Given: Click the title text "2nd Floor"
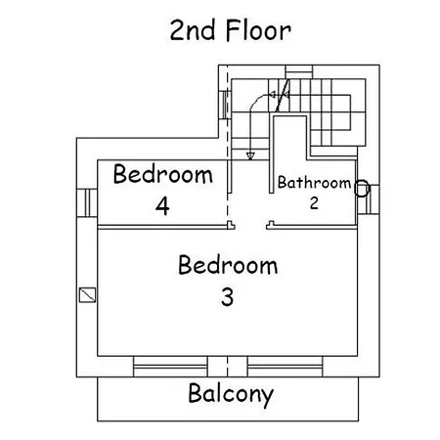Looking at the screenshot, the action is (230, 30).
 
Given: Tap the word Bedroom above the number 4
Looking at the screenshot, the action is (163, 174).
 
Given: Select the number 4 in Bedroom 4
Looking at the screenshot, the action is (162, 206).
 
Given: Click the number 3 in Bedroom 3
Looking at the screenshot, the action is (228, 297).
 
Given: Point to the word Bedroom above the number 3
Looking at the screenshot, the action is (228, 265).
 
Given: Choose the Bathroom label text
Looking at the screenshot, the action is (314, 182).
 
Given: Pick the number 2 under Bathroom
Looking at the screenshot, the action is (314, 203).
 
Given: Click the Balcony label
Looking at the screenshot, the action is (231, 395).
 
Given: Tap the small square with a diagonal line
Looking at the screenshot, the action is (88, 295).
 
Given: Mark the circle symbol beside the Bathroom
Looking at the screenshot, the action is (362, 189).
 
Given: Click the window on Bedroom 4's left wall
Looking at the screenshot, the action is (87, 203).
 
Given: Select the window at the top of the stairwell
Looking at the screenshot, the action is (299, 71).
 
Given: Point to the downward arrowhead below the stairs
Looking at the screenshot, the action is (250, 155).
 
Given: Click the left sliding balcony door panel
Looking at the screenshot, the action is (170, 367).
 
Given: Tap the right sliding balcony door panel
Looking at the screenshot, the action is (286, 367).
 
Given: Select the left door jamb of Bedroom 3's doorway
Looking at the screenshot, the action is (231, 225).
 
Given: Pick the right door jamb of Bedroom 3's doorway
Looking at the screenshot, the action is (270, 225).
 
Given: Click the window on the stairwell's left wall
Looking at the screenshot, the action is (225, 105).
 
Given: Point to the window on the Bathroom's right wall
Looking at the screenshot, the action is (369, 199).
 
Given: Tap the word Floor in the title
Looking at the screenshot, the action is (258, 30).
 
